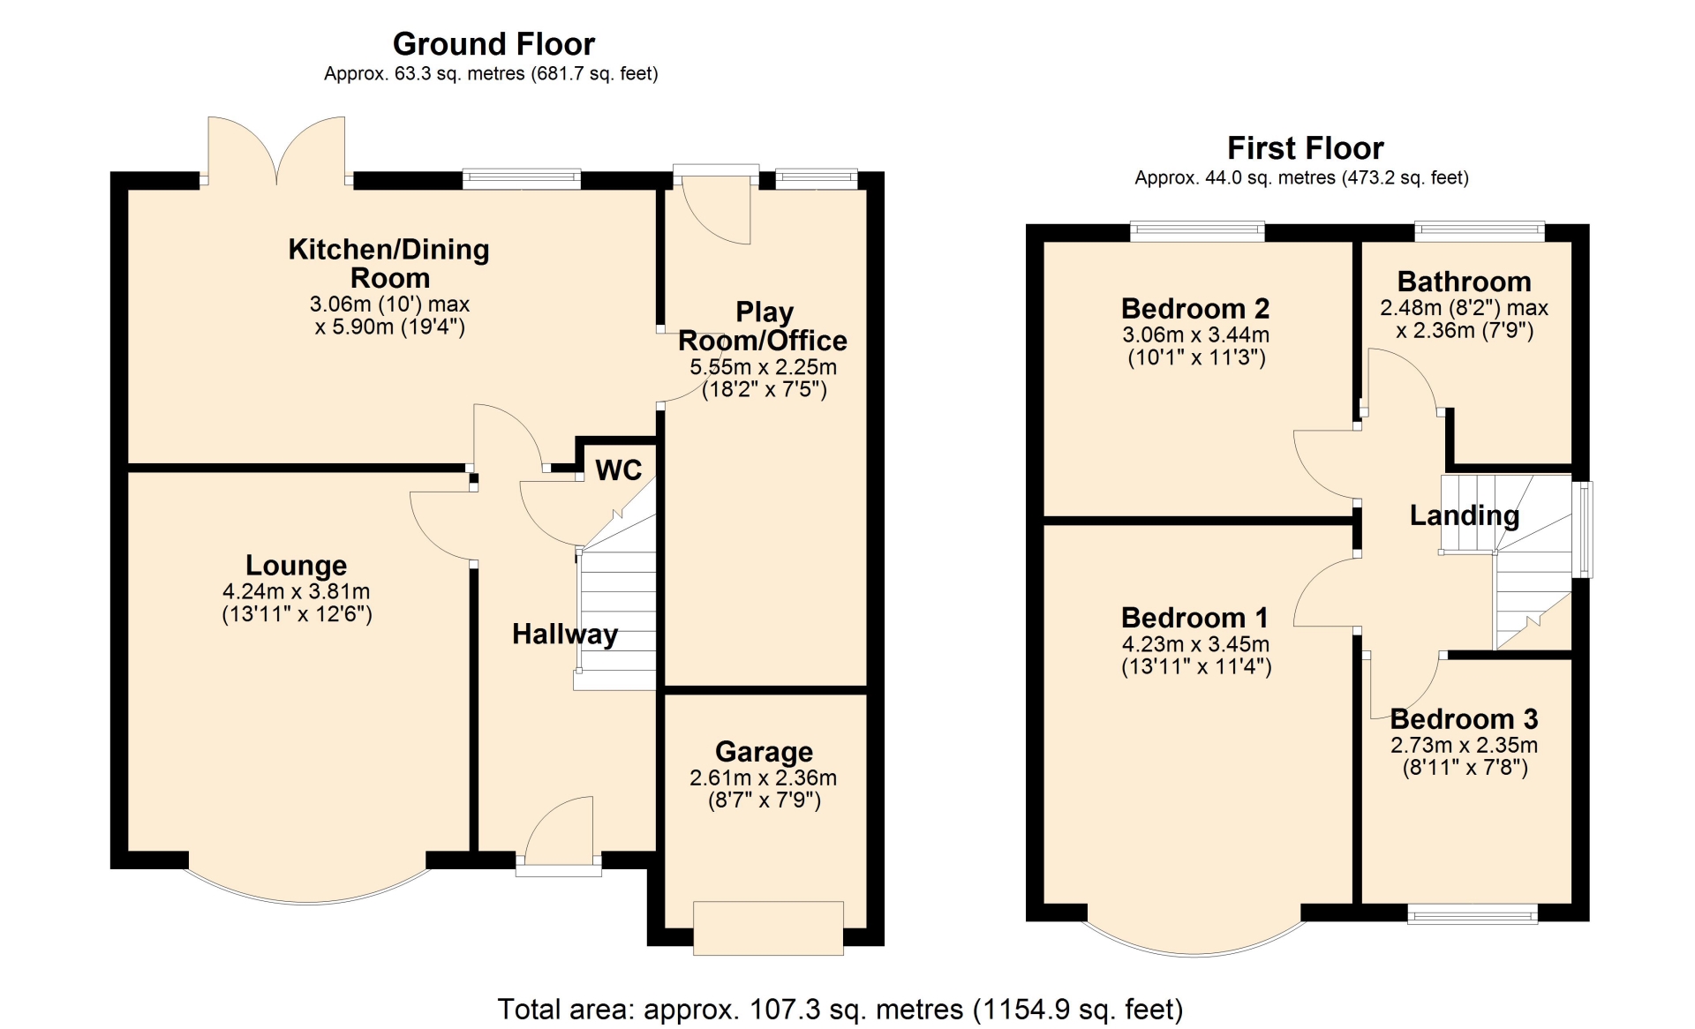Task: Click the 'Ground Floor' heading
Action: pos(493,44)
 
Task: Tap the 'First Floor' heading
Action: pos(1305,148)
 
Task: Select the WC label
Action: pos(618,469)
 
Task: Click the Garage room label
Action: pos(764,752)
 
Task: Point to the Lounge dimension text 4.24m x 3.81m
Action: pos(297,591)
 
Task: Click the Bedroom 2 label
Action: pos(1195,309)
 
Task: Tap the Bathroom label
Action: pos(1464,282)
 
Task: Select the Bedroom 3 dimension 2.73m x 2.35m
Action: pos(1464,746)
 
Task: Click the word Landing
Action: pos(1465,515)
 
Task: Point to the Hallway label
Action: pos(565,634)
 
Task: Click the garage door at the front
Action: pos(768,928)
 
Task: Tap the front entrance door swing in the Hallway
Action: pos(560,830)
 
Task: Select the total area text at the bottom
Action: pos(840,1009)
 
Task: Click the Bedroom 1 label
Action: pos(1195,618)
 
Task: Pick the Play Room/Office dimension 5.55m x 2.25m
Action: pos(763,367)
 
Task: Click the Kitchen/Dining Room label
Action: pos(389,263)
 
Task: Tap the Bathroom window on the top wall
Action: pos(1480,231)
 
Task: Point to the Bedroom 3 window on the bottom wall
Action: pos(1472,914)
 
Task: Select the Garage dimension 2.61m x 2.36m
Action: pos(763,778)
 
